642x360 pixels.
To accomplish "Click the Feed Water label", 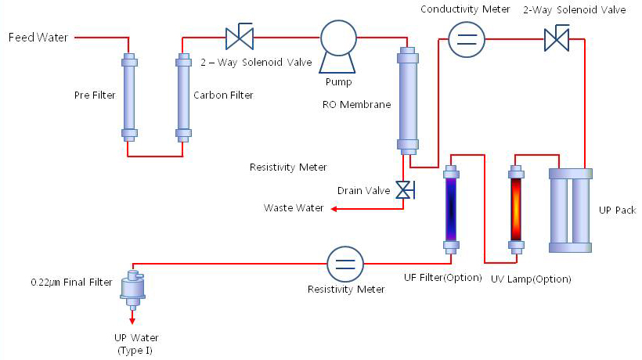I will tap(38, 37).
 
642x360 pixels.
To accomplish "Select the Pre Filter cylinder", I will tap(128, 98).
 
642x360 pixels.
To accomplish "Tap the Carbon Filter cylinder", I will tap(183, 98).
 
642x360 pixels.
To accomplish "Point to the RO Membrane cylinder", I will tap(407, 99).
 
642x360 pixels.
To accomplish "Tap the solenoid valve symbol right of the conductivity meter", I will tap(557, 38).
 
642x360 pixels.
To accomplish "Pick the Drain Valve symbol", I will tap(405, 190).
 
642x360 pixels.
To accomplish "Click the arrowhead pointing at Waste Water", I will tap(333, 209).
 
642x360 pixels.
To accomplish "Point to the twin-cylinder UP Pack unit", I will tap(579, 210).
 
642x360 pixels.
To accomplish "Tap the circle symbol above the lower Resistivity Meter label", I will tap(345, 263).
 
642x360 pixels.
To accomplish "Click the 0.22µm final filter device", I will tap(132, 288).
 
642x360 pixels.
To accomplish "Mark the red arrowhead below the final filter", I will tap(132, 319).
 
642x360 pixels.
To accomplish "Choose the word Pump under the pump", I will tap(339, 81).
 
